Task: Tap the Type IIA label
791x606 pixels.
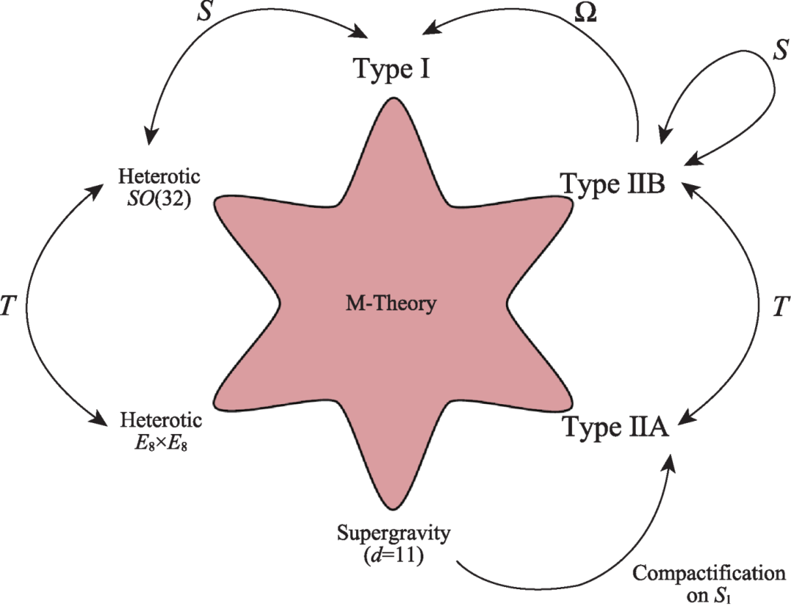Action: (614, 426)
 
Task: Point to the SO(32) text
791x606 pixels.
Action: (159, 198)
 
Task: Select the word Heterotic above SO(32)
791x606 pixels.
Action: (159, 178)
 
